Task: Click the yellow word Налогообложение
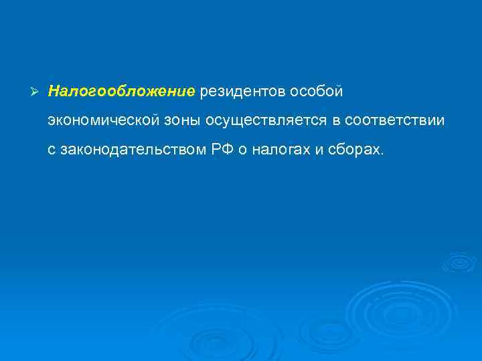pyautogui.click(x=121, y=90)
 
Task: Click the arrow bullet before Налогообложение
pyautogui.click(x=36, y=90)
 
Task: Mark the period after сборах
pyautogui.click(x=383, y=154)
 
